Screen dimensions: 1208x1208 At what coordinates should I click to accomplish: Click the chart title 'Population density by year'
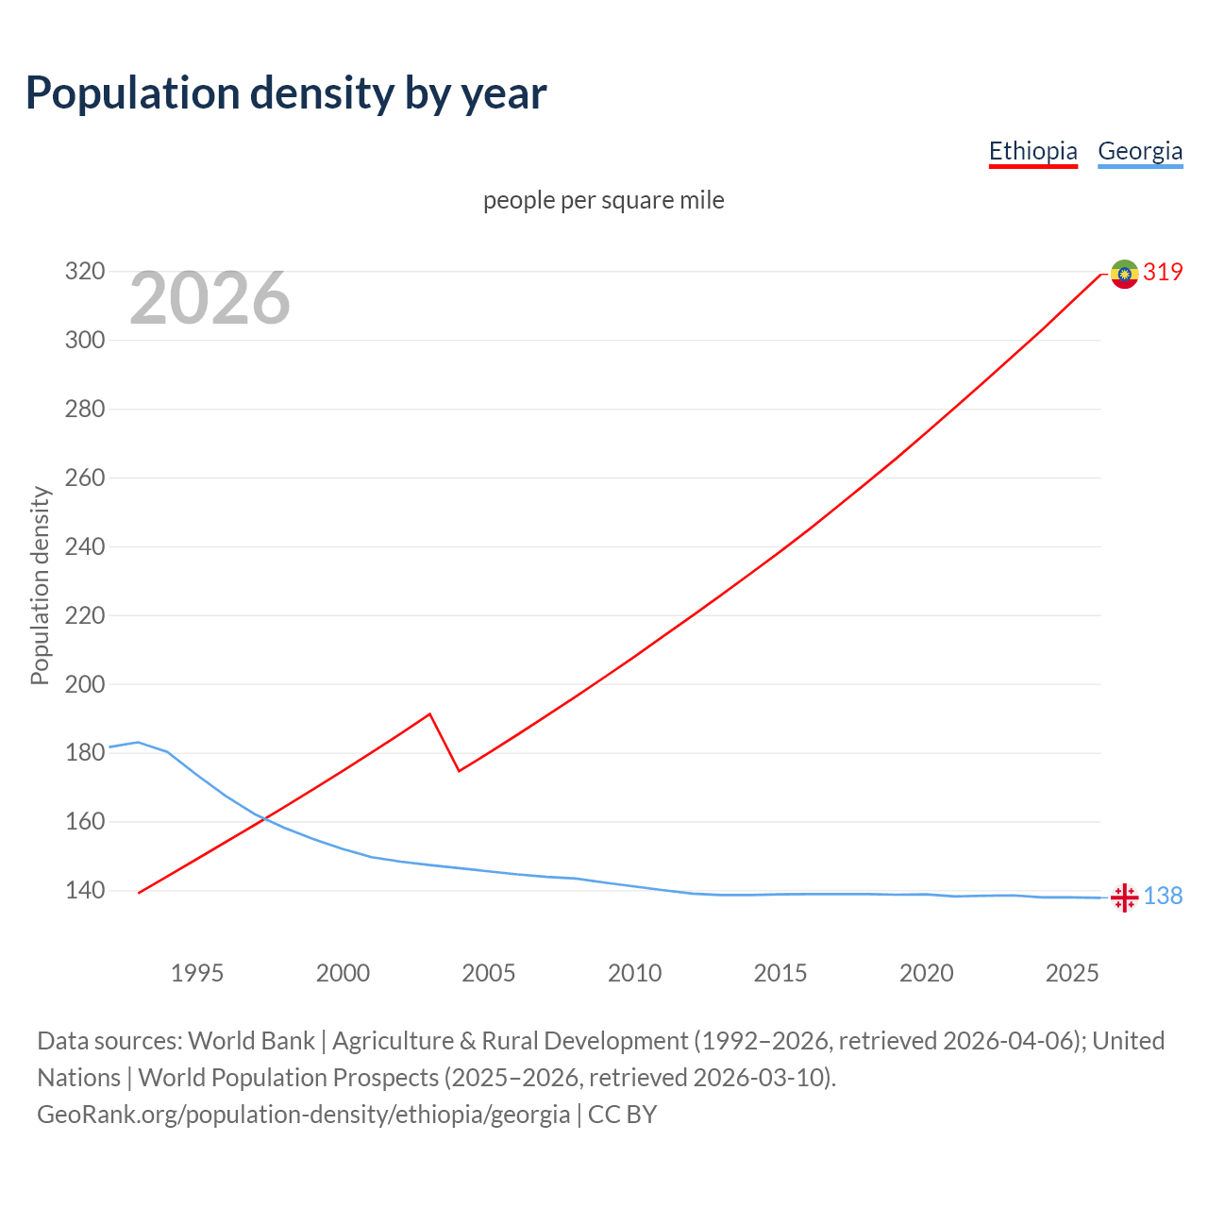286,93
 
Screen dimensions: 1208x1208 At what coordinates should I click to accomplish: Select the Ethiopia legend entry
1032,151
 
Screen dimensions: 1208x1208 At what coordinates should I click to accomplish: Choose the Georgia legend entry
1139,151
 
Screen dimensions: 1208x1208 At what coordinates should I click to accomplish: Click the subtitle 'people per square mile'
603,200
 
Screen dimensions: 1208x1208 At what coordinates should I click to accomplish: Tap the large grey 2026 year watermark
210,298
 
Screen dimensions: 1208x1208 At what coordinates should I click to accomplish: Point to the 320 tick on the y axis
84,272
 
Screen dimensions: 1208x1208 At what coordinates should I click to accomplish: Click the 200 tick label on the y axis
84,684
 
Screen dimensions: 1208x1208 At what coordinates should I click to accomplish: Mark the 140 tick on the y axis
84,890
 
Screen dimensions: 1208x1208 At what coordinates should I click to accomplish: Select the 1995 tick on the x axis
197,973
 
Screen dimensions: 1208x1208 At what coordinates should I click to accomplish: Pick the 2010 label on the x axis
634,973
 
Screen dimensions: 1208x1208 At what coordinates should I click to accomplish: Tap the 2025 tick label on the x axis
1072,973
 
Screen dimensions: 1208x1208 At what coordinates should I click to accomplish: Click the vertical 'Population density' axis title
40,585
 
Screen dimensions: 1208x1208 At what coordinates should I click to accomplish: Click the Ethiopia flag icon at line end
1124,274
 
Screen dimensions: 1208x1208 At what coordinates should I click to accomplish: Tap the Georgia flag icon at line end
1124,898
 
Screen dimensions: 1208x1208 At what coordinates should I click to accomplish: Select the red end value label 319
1163,273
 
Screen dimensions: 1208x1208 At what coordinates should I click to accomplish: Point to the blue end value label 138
1163,896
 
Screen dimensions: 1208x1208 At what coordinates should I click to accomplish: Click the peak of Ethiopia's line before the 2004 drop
430,713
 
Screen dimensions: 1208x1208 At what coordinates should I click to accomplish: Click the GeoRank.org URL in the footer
303,1115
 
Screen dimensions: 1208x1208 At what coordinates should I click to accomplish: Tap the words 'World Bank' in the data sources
251,1041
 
